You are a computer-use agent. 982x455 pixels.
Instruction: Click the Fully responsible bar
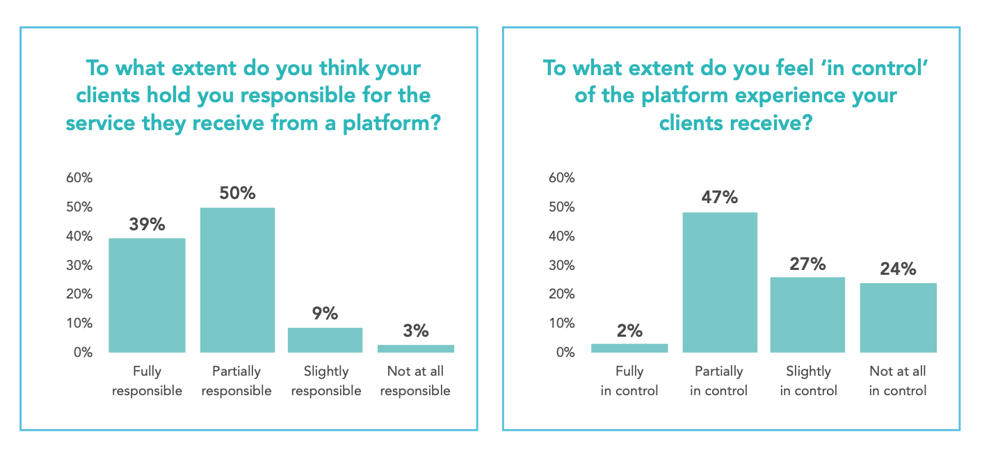(147, 295)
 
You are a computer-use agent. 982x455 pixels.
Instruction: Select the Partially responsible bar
(237, 280)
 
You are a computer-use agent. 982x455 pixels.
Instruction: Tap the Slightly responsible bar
(325, 340)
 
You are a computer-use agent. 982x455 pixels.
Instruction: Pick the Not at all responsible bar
(416, 348)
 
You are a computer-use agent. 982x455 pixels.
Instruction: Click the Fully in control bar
(629, 348)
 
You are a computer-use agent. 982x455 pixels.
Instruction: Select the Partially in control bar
(720, 282)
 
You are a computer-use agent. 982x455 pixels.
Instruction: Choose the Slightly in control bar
(808, 314)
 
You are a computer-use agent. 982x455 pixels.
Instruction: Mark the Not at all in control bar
(898, 317)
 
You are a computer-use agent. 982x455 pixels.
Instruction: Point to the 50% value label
(237, 193)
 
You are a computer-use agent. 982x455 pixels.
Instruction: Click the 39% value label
(147, 224)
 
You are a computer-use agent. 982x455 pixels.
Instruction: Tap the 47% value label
(720, 198)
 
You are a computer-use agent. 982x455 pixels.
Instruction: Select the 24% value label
(898, 269)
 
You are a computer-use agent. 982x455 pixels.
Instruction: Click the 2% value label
(629, 330)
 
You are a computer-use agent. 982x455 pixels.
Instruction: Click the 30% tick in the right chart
(562, 265)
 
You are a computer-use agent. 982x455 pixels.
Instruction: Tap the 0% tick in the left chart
(83, 352)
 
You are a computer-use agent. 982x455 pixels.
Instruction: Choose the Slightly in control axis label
(808, 381)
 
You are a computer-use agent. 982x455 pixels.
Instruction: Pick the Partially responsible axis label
(237, 381)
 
